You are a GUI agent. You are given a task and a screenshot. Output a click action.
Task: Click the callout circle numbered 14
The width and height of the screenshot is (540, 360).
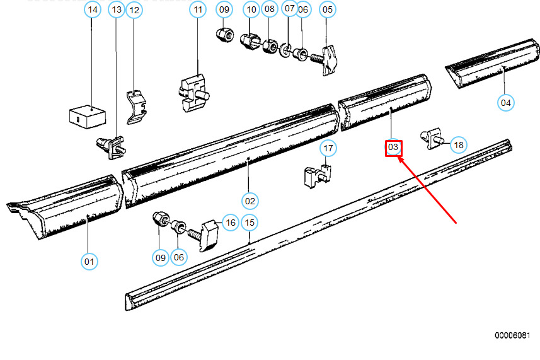click(x=93, y=10)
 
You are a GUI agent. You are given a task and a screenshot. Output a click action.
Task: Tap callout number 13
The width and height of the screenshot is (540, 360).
click(x=117, y=10)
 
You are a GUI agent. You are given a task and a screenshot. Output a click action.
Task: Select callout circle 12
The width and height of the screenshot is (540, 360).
click(x=134, y=10)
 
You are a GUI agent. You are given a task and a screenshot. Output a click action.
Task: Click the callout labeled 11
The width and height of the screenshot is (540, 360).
click(x=198, y=10)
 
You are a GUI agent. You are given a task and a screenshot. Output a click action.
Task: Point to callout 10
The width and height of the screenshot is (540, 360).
click(x=252, y=10)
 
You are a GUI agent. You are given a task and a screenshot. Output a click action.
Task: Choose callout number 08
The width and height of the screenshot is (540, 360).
click(x=270, y=9)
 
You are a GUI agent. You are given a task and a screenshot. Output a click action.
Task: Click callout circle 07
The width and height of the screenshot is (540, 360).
click(x=289, y=9)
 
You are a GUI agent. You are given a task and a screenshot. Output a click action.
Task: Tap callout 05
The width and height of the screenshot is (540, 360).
click(x=328, y=9)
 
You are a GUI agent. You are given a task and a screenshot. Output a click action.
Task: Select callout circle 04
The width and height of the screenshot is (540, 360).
click(x=505, y=102)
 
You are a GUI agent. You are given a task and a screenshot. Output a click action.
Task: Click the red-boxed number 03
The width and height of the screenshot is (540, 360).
click(x=393, y=148)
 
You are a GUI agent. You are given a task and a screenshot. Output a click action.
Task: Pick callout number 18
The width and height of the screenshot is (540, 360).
click(x=458, y=146)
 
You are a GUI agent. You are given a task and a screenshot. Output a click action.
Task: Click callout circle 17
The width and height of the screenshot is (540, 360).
click(x=328, y=149)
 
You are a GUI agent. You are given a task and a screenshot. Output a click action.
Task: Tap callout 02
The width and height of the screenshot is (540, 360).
click(x=250, y=201)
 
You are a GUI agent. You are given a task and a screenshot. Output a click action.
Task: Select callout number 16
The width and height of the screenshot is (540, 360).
click(x=231, y=223)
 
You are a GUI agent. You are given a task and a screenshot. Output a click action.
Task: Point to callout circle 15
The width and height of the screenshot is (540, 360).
click(x=250, y=223)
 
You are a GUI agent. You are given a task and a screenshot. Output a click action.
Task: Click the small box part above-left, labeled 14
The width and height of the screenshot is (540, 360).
click(x=87, y=115)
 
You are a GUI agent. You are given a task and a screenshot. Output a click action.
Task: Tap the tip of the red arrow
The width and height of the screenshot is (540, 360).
click(x=399, y=159)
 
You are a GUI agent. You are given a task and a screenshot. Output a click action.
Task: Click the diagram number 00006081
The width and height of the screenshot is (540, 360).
click(x=512, y=335)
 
